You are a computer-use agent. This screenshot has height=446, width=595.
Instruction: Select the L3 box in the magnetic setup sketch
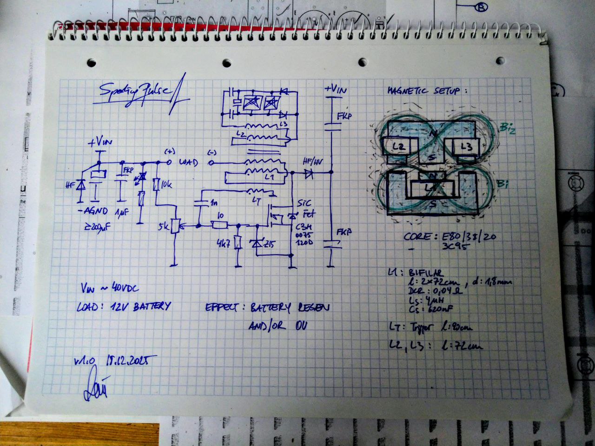click(467, 147)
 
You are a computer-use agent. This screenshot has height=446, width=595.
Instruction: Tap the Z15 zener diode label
click(269, 244)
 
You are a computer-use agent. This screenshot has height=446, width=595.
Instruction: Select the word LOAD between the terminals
click(189, 163)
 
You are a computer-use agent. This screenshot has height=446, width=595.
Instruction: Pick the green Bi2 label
click(507, 128)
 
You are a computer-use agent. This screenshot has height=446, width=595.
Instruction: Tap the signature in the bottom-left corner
click(94, 386)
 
